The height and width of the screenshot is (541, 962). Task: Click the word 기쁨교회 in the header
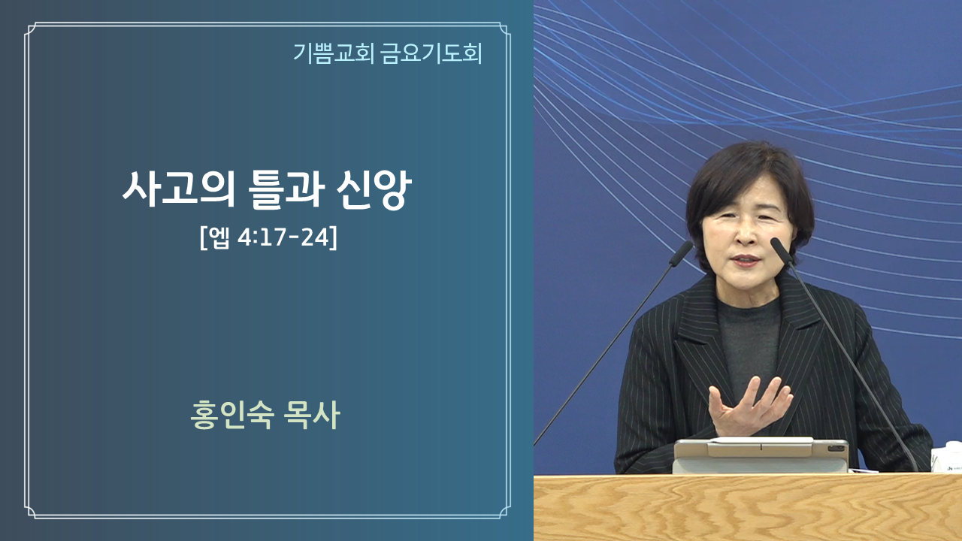[x=333, y=53]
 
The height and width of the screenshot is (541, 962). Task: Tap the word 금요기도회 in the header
[x=431, y=53]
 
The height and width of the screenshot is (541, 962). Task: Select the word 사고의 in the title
[x=178, y=189]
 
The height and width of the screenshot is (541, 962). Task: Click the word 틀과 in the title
[x=286, y=189]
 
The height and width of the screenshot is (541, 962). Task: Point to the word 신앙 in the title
[x=374, y=189]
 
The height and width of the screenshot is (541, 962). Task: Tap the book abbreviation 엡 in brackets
[x=218, y=237]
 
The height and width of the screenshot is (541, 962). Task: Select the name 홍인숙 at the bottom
[x=232, y=416]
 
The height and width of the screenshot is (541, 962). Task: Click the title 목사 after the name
[x=311, y=416]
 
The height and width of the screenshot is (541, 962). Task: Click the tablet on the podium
[x=761, y=455]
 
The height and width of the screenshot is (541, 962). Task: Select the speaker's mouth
[x=746, y=260]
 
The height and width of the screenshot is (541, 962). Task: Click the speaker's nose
[x=746, y=234]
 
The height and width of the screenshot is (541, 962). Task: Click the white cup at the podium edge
[x=947, y=458]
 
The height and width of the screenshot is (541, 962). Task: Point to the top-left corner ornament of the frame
[x=31, y=29]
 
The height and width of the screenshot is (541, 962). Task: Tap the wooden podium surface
[x=748, y=507]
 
